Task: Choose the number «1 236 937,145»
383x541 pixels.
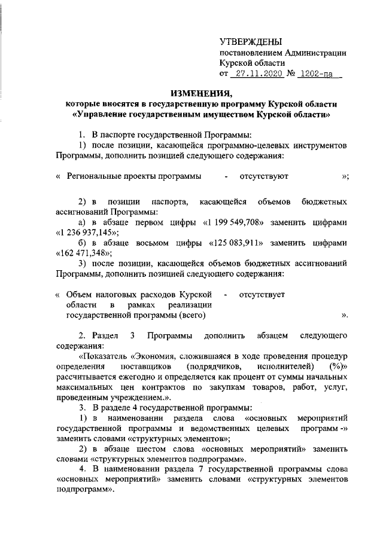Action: point(87,233)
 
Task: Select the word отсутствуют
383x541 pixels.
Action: point(264,176)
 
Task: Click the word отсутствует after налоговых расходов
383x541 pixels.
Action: point(262,295)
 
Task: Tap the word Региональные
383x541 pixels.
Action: point(95,176)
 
